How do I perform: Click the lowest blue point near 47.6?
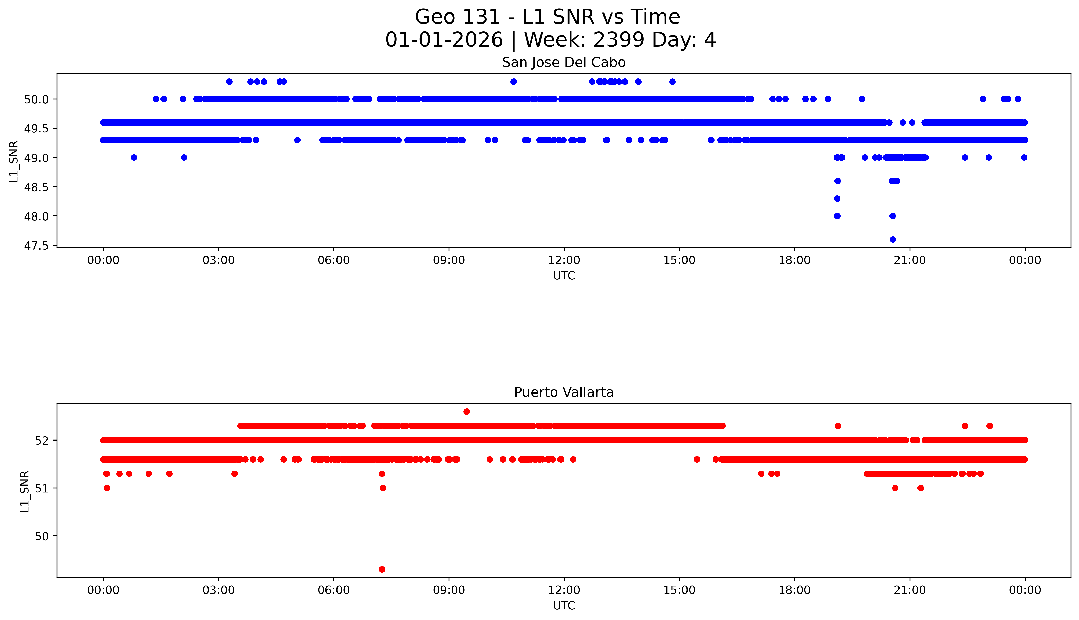(x=893, y=239)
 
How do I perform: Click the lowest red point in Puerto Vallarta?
(x=382, y=569)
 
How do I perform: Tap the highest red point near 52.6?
(x=467, y=411)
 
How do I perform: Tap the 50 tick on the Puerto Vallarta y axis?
(x=42, y=536)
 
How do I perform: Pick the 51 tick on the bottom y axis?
(x=42, y=488)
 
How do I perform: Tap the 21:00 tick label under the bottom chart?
(x=910, y=590)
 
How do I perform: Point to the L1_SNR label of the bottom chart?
(x=25, y=491)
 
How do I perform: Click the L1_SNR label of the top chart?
(x=14, y=161)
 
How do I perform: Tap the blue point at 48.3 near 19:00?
(x=837, y=198)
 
